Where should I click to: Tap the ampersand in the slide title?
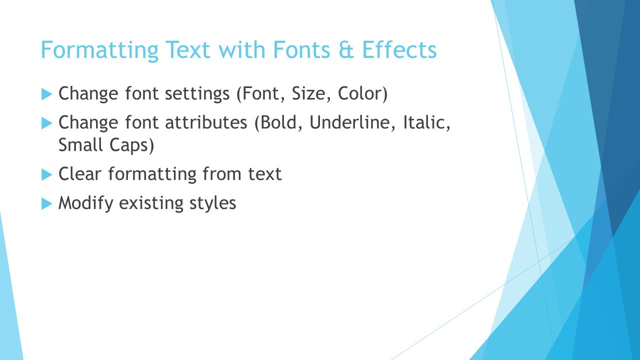coord(346,50)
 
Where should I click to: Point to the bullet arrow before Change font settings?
coord(46,93)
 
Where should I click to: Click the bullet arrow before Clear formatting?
coord(46,174)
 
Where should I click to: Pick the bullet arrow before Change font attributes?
coord(46,122)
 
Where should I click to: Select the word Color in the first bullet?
coord(361,94)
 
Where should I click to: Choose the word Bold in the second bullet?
coord(279,123)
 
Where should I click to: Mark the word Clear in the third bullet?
coord(80,174)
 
